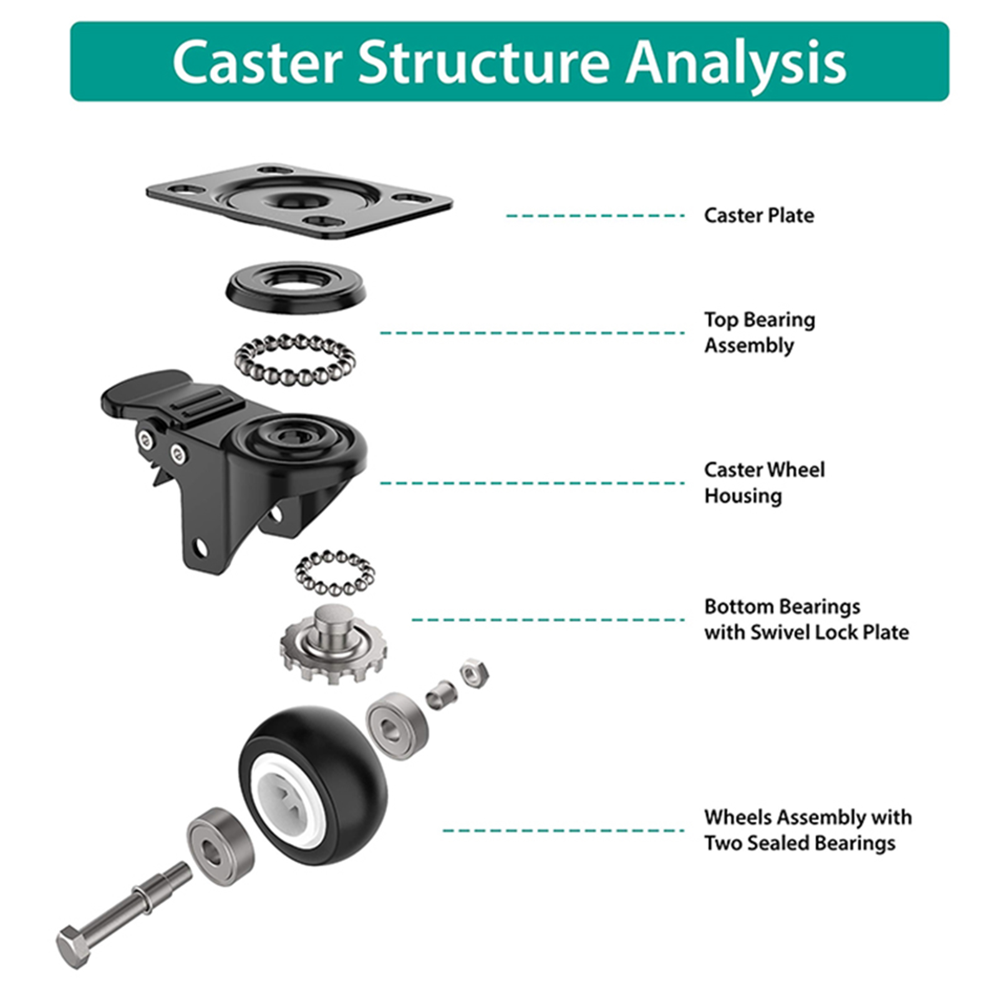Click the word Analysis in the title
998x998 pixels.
[736, 62]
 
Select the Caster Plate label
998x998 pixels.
[759, 215]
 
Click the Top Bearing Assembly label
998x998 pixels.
[760, 332]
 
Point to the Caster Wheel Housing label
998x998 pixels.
[765, 482]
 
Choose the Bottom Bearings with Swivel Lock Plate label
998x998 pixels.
[807, 619]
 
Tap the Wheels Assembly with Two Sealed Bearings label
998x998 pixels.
[808, 830]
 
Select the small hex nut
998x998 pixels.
[474, 673]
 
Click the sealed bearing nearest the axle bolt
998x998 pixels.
[221, 846]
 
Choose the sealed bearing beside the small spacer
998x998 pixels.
[397, 726]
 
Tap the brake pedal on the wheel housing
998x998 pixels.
[148, 393]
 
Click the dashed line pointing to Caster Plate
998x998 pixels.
[595, 216]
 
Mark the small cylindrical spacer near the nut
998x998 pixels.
[442, 695]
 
